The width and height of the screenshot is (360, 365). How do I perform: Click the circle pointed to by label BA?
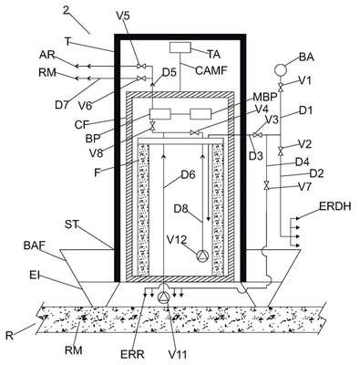click(x=280, y=70)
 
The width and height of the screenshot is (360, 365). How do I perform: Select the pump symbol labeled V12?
click(x=202, y=255)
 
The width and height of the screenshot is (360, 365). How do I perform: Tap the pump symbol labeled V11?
click(x=164, y=297)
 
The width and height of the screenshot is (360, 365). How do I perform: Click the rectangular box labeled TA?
click(x=180, y=47)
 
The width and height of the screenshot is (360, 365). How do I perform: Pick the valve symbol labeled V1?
click(x=281, y=87)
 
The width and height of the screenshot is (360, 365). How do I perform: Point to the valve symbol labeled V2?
click(x=281, y=151)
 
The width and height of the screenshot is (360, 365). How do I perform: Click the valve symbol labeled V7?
click(x=266, y=185)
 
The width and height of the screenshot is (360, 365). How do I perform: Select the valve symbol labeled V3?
click(x=257, y=135)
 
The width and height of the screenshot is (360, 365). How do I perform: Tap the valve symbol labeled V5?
click(x=141, y=66)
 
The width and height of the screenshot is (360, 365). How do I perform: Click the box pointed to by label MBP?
click(x=201, y=114)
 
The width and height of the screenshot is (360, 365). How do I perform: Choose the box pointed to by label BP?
click(x=160, y=114)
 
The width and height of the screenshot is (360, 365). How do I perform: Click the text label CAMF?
click(x=211, y=70)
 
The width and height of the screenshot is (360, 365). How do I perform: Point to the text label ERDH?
click(x=335, y=206)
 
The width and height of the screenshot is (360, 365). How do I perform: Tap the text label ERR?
click(x=132, y=354)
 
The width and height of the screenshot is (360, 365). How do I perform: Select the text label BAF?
click(x=35, y=245)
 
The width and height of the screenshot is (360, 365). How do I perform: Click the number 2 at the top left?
click(x=67, y=10)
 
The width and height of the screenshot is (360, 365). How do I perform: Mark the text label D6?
click(x=189, y=174)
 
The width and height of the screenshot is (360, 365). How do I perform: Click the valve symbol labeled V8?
click(x=153, y=126)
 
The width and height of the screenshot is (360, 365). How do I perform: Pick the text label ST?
click(x=72, y=224)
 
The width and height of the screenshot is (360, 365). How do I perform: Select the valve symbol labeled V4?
click(x=195, y=132)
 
